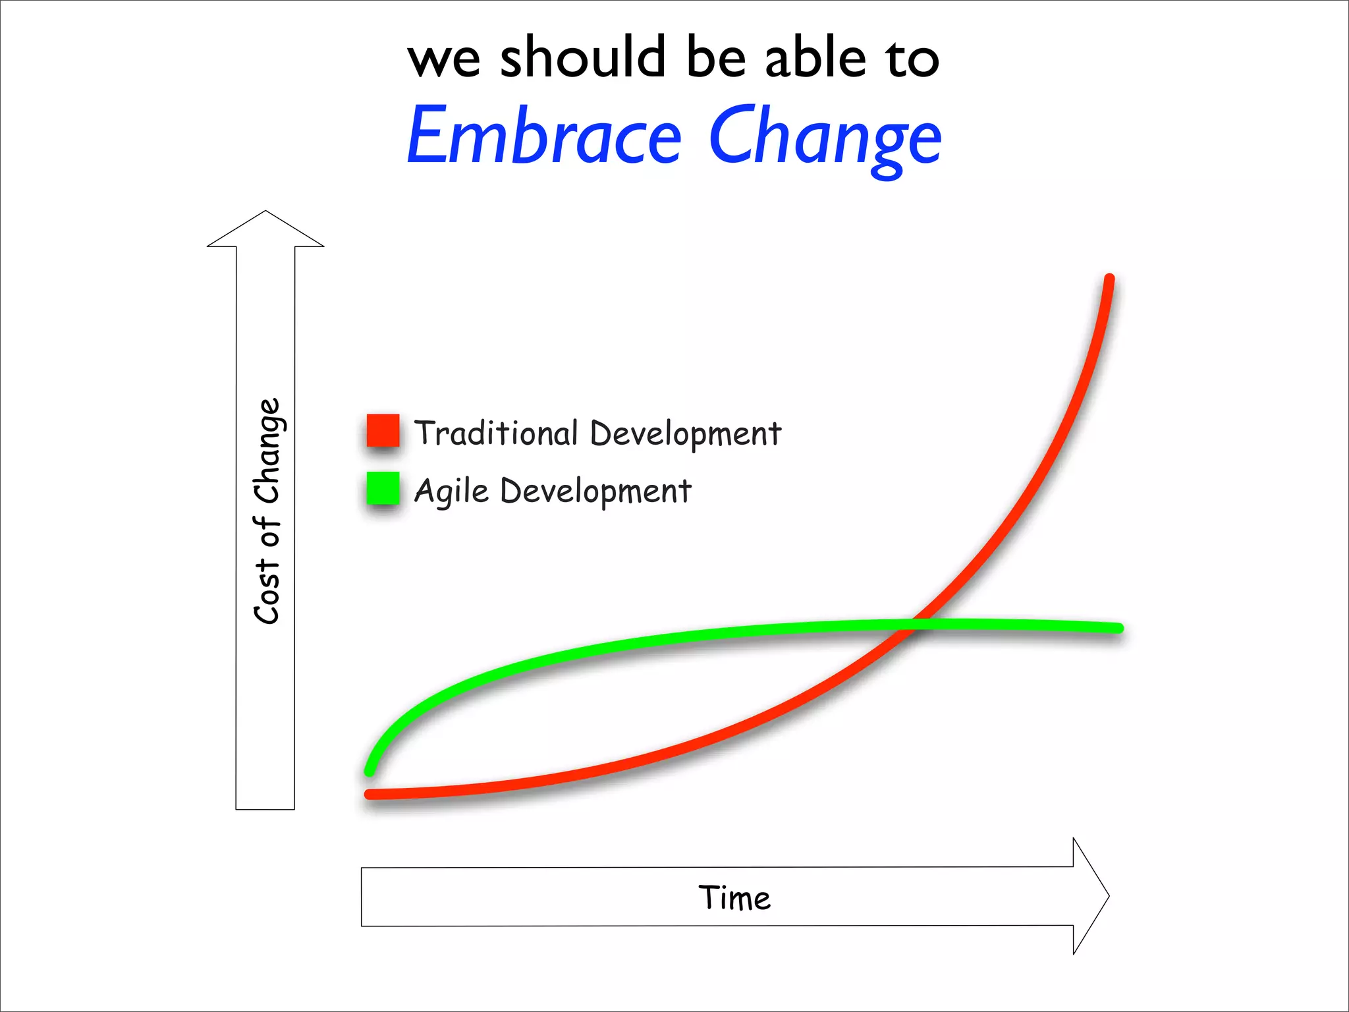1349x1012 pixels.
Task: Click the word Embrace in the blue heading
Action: (544, 137)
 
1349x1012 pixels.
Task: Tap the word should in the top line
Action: (582, 58)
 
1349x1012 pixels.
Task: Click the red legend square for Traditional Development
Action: (383, 430)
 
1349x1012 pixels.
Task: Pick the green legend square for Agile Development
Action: (383, 488)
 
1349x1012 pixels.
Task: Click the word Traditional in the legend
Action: (495, 433)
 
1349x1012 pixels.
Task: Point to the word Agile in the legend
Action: (451, 492)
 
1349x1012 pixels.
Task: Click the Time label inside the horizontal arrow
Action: (734, 897)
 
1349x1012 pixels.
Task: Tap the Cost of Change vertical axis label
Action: (267, 511)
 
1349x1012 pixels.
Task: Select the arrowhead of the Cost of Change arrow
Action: (265, 227)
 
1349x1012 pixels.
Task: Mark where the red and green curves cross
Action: (914, 625)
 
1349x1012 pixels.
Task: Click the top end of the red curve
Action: (1109, 279)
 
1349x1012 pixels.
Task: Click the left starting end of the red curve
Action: (370, 795)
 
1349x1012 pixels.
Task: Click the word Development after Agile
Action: (595, 492)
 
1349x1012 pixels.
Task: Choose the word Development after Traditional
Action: (685, 434)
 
